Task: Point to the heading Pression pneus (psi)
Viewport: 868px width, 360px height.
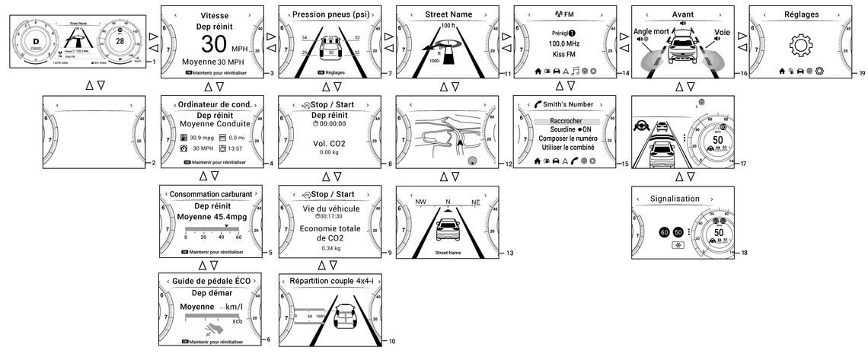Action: [326, 14]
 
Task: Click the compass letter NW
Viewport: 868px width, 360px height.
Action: [421, 202]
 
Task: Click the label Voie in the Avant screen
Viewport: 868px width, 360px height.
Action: [722, 33]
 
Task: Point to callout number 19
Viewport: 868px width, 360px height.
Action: [862, 73]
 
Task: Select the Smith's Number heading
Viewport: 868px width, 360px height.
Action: [570, 104]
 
